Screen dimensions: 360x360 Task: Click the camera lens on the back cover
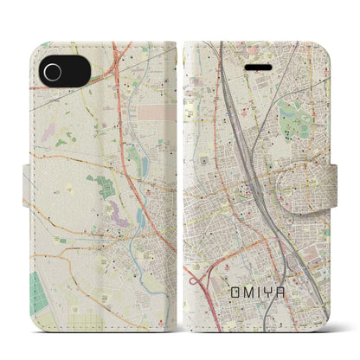[51, 70]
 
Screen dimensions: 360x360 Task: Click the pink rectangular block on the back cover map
[156, 113]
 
